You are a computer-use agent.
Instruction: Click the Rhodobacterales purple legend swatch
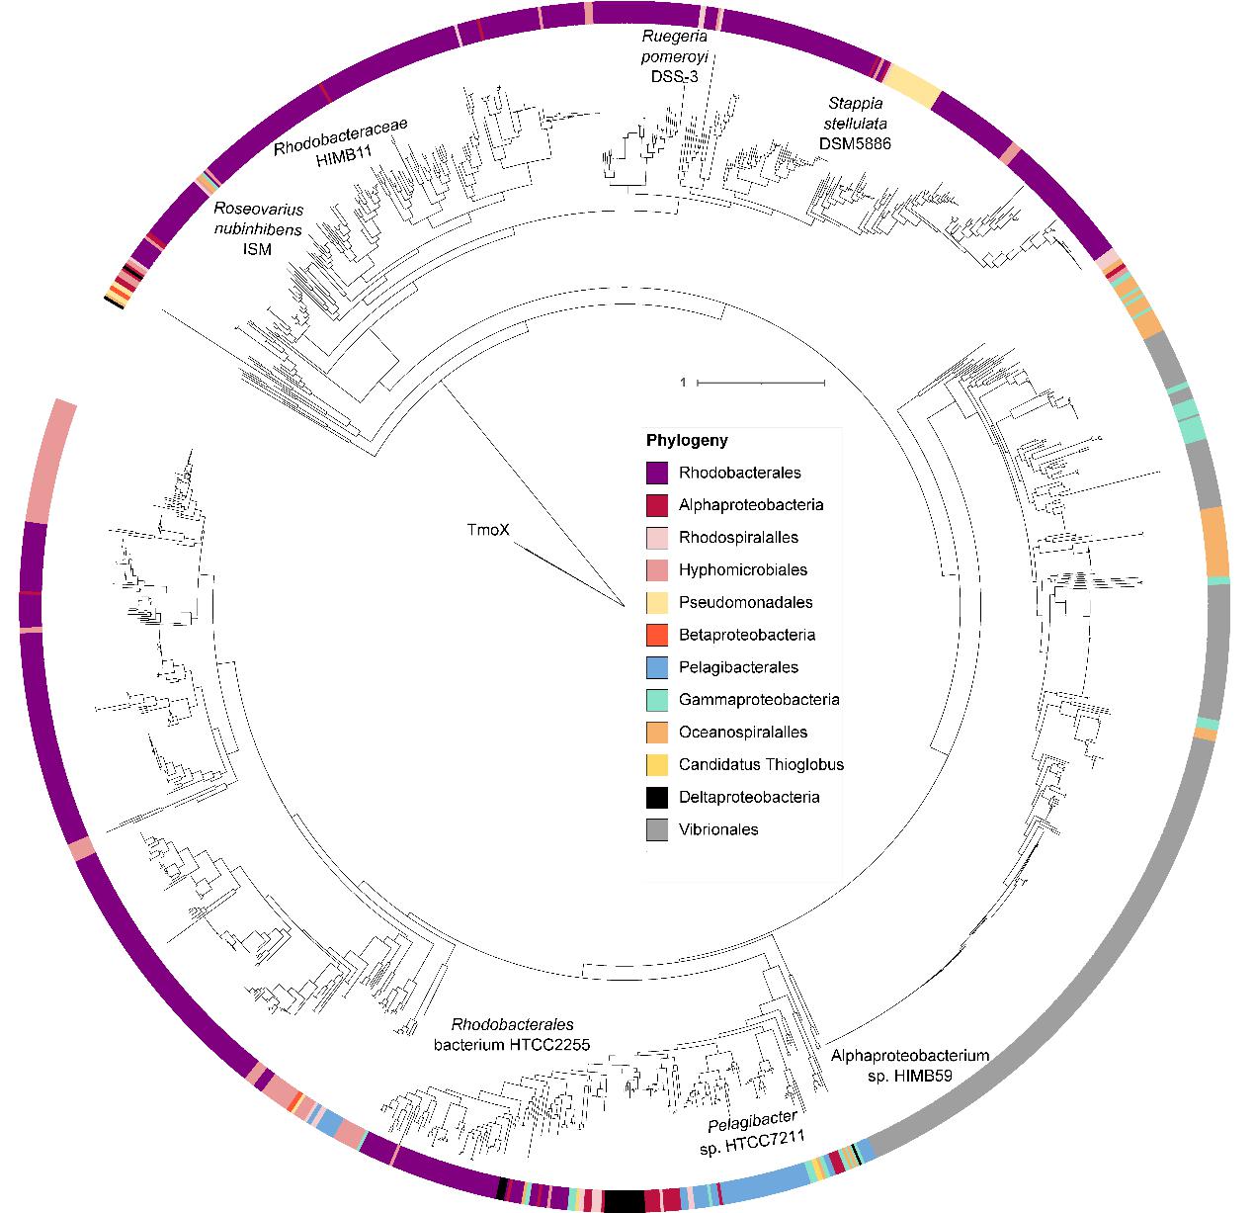click(x=657, y=473)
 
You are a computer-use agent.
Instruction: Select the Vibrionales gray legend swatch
click(x=657, y=829)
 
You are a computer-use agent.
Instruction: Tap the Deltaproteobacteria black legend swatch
click(x=657, y=797)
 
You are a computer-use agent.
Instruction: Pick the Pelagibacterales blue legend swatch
click(x=657, y=667)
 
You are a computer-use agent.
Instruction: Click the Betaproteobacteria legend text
click(x=746, y=635)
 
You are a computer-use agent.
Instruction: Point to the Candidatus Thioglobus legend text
click(x=761, y=764)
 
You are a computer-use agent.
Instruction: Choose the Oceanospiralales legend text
click(x=742, y=732)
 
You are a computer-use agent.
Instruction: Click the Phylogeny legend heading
click(x=687, y=440)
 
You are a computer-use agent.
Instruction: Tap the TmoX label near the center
click(x=488, y=530)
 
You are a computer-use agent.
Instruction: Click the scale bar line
click(x=761, y=382)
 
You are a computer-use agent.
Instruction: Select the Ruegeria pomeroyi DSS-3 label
click(x=674, y=56)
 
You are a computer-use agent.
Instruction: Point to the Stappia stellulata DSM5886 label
click(x=856, y=123)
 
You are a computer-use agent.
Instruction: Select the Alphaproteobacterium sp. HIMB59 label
click(x=909, y=1066)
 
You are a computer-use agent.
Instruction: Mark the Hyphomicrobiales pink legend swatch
click(x=657, y=570)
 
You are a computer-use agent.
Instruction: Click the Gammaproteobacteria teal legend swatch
click(x=657, y=700)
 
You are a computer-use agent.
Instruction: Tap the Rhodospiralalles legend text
click(x=738, y=538)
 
